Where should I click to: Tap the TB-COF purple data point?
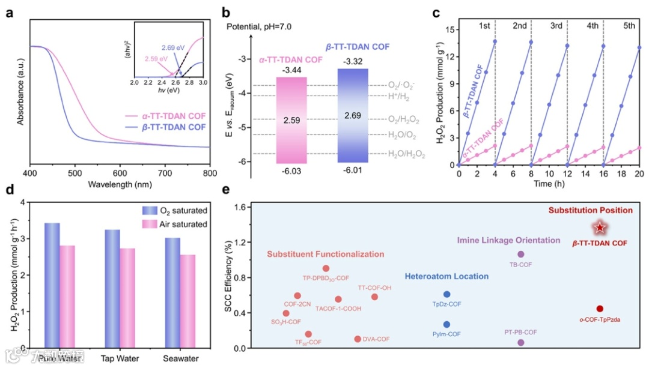[x=521, y=255]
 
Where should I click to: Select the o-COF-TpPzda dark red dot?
[x=600, y=309]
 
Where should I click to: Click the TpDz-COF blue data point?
[x=446, y=294]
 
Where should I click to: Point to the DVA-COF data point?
[x=358, y=339]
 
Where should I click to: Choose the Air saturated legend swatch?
[x=148, y=225]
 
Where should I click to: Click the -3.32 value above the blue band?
[x=353, y=62]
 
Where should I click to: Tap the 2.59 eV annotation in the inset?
[x=156, y=58]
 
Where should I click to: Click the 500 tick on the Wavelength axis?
[x=75, y=173]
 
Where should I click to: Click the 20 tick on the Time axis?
[x=639, y=173]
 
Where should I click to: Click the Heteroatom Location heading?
[x=446, y=277]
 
